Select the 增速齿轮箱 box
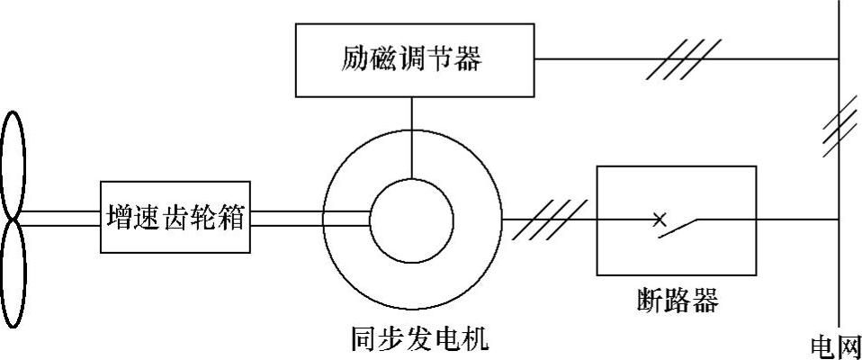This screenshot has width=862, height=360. pyautogui.click(x=175, y=218)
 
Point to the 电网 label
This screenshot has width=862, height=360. pyautogui.click(x=836, y=346)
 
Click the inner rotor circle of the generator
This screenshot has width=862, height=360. pyautogui.click(x=412, y=218)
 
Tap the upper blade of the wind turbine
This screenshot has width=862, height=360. pyautogui.click(x=13, y=162)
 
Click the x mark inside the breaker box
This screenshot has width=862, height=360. pyautogui.click(x=659, y=218)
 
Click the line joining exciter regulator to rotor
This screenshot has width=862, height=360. pyautogui.click(x=412, y=136)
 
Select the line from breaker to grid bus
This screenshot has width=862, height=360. pyautogui.click(x=796, y=219)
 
